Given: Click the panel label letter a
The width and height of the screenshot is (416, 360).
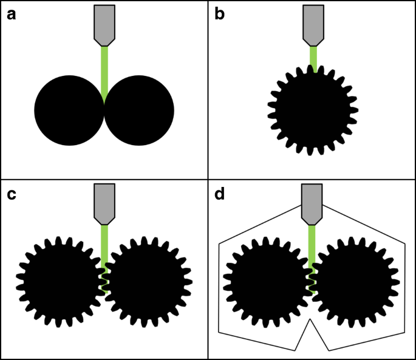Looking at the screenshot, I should tap(11, 14).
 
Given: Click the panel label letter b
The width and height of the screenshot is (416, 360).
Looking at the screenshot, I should tap(220, 14).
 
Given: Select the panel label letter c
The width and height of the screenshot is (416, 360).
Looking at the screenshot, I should tap(11, 194).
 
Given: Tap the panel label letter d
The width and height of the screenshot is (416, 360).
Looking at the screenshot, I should tap(220, 194).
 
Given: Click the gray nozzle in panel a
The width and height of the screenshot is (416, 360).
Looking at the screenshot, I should tap(104, 23).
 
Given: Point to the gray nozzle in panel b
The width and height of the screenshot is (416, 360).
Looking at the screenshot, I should tap(313, 23).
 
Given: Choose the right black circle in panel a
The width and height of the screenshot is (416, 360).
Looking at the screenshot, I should tap(139, 110).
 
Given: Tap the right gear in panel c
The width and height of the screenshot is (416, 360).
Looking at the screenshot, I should tap(148, 281).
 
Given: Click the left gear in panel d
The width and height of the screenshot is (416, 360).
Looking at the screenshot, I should tap(268, 281).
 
